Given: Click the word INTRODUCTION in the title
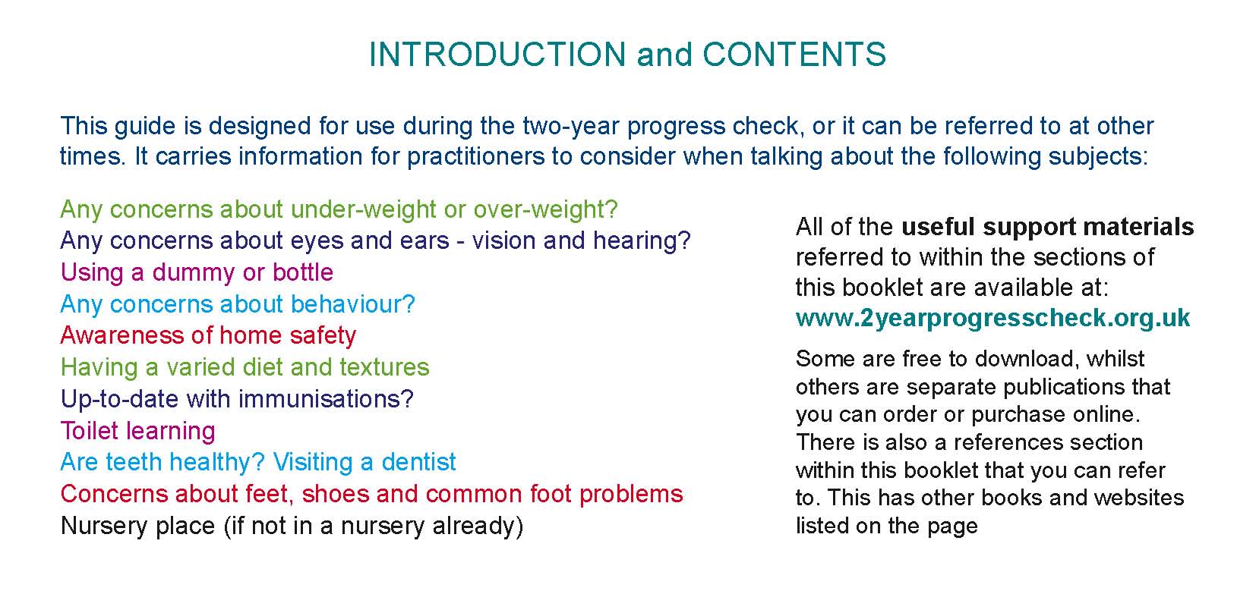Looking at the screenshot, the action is click(x=497, y=55).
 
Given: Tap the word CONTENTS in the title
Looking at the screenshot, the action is click(x=794, y=55).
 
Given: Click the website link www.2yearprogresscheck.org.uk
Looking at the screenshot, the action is click(x=992, y=318).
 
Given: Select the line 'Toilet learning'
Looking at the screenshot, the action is click(x=138, y=432).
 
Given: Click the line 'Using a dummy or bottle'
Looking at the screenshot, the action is click(x=197, y=273).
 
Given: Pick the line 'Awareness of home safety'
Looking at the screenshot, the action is click(x=208, y=336).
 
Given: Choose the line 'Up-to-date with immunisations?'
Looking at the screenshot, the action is click(x=237, y=399).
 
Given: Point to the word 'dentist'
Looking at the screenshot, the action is click(x=418, y=463).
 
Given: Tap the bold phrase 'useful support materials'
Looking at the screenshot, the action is click(x=1048, y=228).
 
